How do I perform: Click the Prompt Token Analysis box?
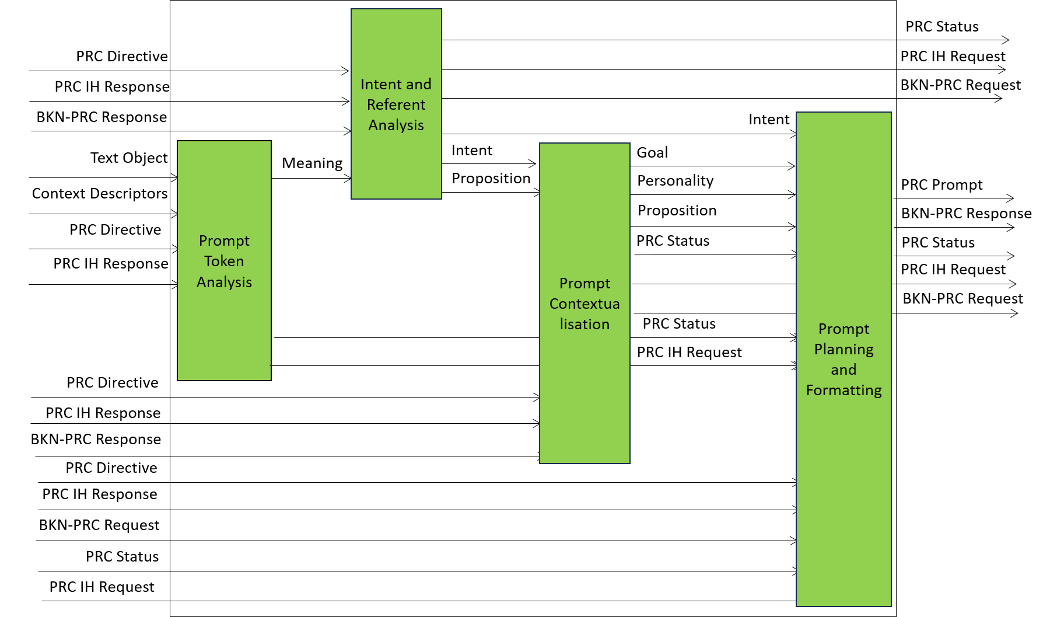[224, 260]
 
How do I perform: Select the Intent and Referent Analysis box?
[396, 104]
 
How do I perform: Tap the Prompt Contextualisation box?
[584, 303]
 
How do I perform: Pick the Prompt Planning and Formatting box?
[843, 359]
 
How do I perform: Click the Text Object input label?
[129, 158]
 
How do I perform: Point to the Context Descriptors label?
[100, 194]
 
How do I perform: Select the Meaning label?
[312, 163]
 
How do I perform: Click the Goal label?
[652, 152]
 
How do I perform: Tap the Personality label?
[675, 181]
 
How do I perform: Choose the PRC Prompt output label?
[942, 185]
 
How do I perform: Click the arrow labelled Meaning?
[311, 178]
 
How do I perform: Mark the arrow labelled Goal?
[713, 166]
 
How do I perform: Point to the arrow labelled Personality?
[713, 194]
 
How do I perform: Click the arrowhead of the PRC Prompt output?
[1012, 198]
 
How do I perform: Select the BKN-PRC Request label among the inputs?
[99, 525]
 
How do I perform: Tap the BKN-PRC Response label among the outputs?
[966, 214]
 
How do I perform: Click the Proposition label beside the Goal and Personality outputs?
[677, 211]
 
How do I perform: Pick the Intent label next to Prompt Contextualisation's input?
[471, 151]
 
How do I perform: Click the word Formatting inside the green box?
[843, 391]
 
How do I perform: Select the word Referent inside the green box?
[396, 104]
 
